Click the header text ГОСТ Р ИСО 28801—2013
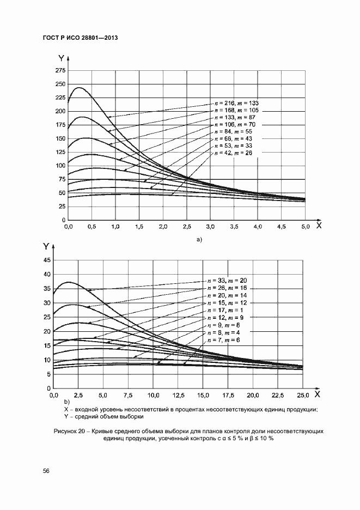80,38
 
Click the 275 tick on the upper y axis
60,71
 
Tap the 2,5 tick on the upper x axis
186,226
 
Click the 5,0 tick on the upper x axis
304,226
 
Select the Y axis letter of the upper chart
61,57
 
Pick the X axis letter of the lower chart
317,393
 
